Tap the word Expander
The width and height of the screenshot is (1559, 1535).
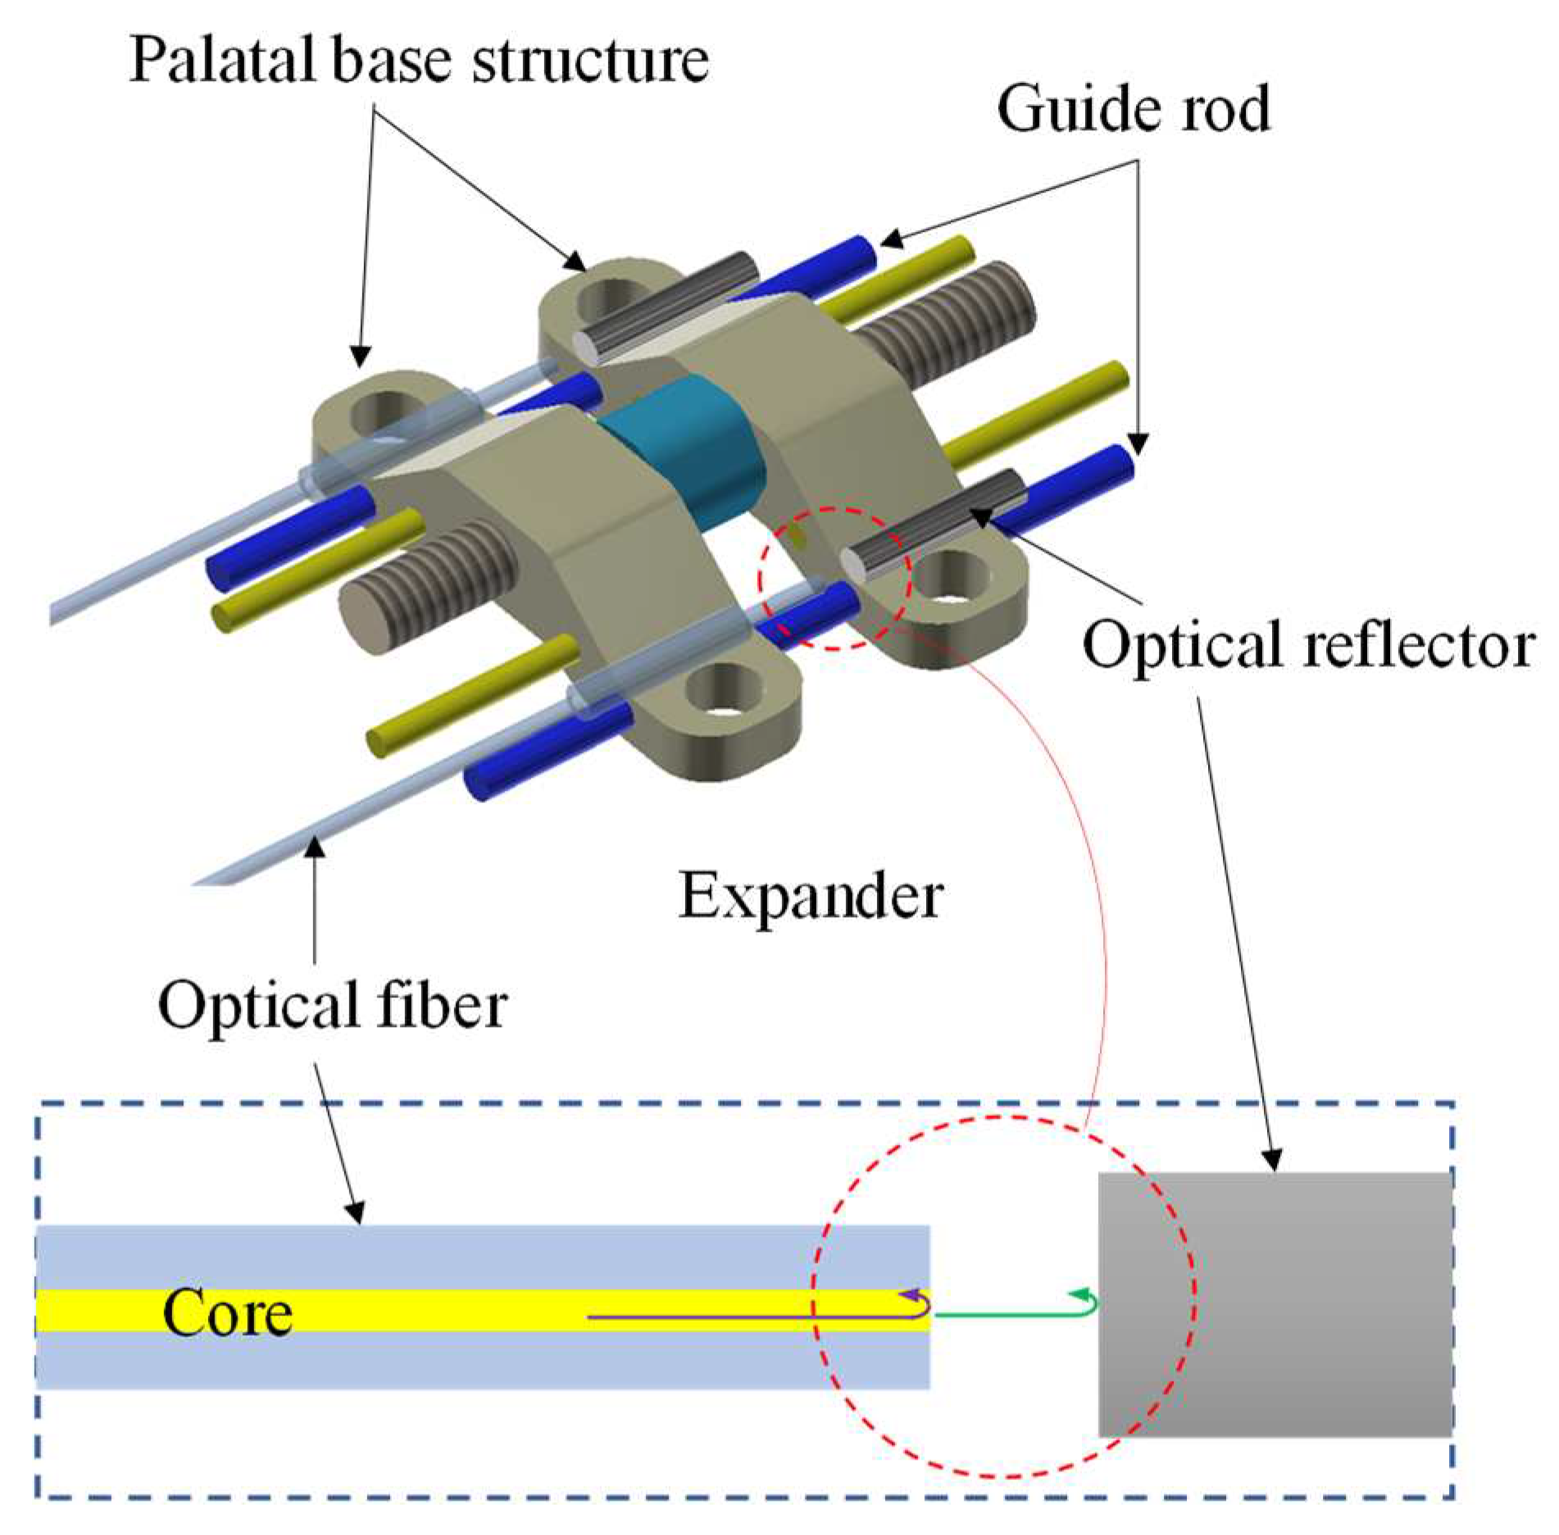coord(811,897)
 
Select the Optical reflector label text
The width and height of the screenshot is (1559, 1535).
coord(1308,645)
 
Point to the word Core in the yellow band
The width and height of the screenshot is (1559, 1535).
coord(227,1312)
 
